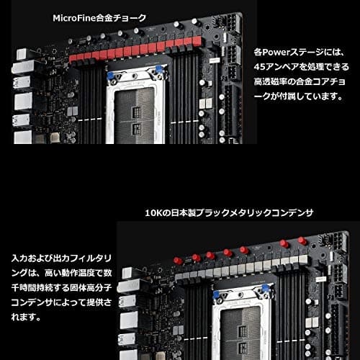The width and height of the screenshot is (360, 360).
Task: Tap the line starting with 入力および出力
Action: [61, 256]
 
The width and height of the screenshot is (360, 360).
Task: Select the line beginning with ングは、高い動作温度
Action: [61, 272]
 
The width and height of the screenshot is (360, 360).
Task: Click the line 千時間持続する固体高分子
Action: [61, 288]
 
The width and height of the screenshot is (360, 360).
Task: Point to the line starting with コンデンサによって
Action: [61, 303]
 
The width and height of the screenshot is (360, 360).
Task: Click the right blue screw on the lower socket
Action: [266, 287]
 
